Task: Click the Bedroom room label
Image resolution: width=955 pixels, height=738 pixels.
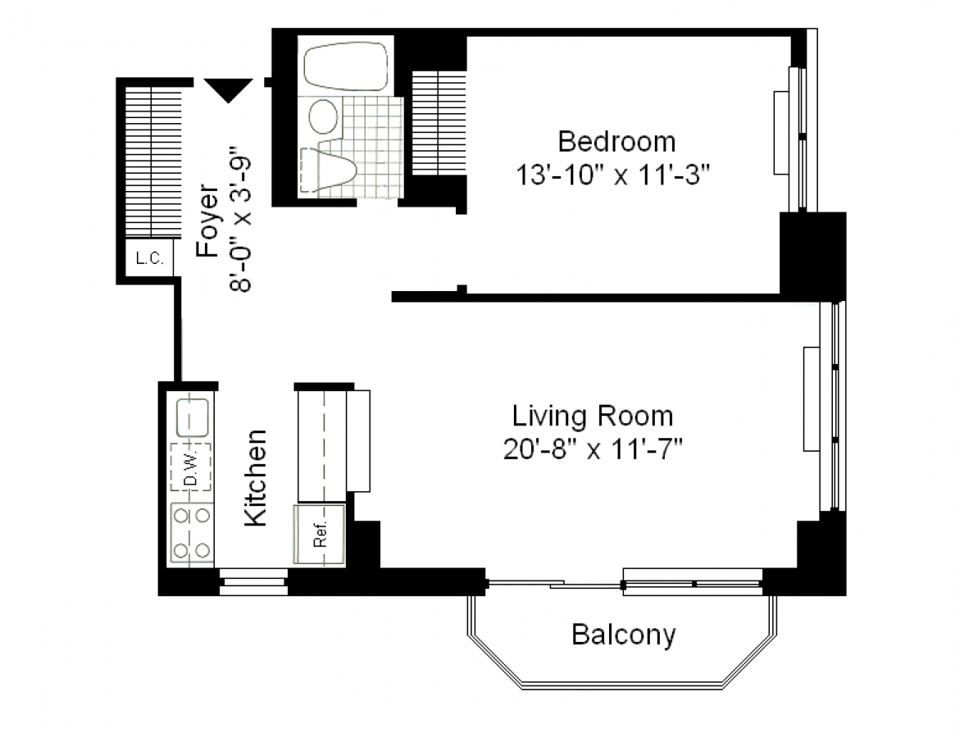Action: [616, 141]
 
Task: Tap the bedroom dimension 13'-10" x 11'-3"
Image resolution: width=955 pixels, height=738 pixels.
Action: [613, 175]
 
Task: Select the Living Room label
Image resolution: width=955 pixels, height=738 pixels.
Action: [593, 417]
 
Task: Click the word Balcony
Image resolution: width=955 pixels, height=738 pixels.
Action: [624, 635]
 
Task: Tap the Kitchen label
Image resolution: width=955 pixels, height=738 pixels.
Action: [256, 478]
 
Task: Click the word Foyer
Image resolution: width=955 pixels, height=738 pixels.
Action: [207, 221]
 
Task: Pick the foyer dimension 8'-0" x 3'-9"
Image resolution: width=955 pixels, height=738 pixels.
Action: [240, 217]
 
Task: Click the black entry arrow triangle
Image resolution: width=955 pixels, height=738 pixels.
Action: [229, 90]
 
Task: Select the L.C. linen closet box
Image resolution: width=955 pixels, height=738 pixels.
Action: [150, 258]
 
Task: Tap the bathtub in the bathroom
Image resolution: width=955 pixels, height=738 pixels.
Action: [345, 66]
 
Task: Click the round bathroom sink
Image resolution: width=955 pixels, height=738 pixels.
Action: [324, 116]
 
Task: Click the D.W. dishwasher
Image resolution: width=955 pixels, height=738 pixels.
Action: [191, 467]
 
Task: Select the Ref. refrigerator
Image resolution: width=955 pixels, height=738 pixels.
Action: [320, 534]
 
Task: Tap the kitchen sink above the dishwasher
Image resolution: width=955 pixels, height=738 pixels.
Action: [193, 418]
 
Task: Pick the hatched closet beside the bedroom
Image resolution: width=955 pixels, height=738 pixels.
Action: [439, 123]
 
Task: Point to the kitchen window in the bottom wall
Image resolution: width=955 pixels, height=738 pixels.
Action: [252, 582]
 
